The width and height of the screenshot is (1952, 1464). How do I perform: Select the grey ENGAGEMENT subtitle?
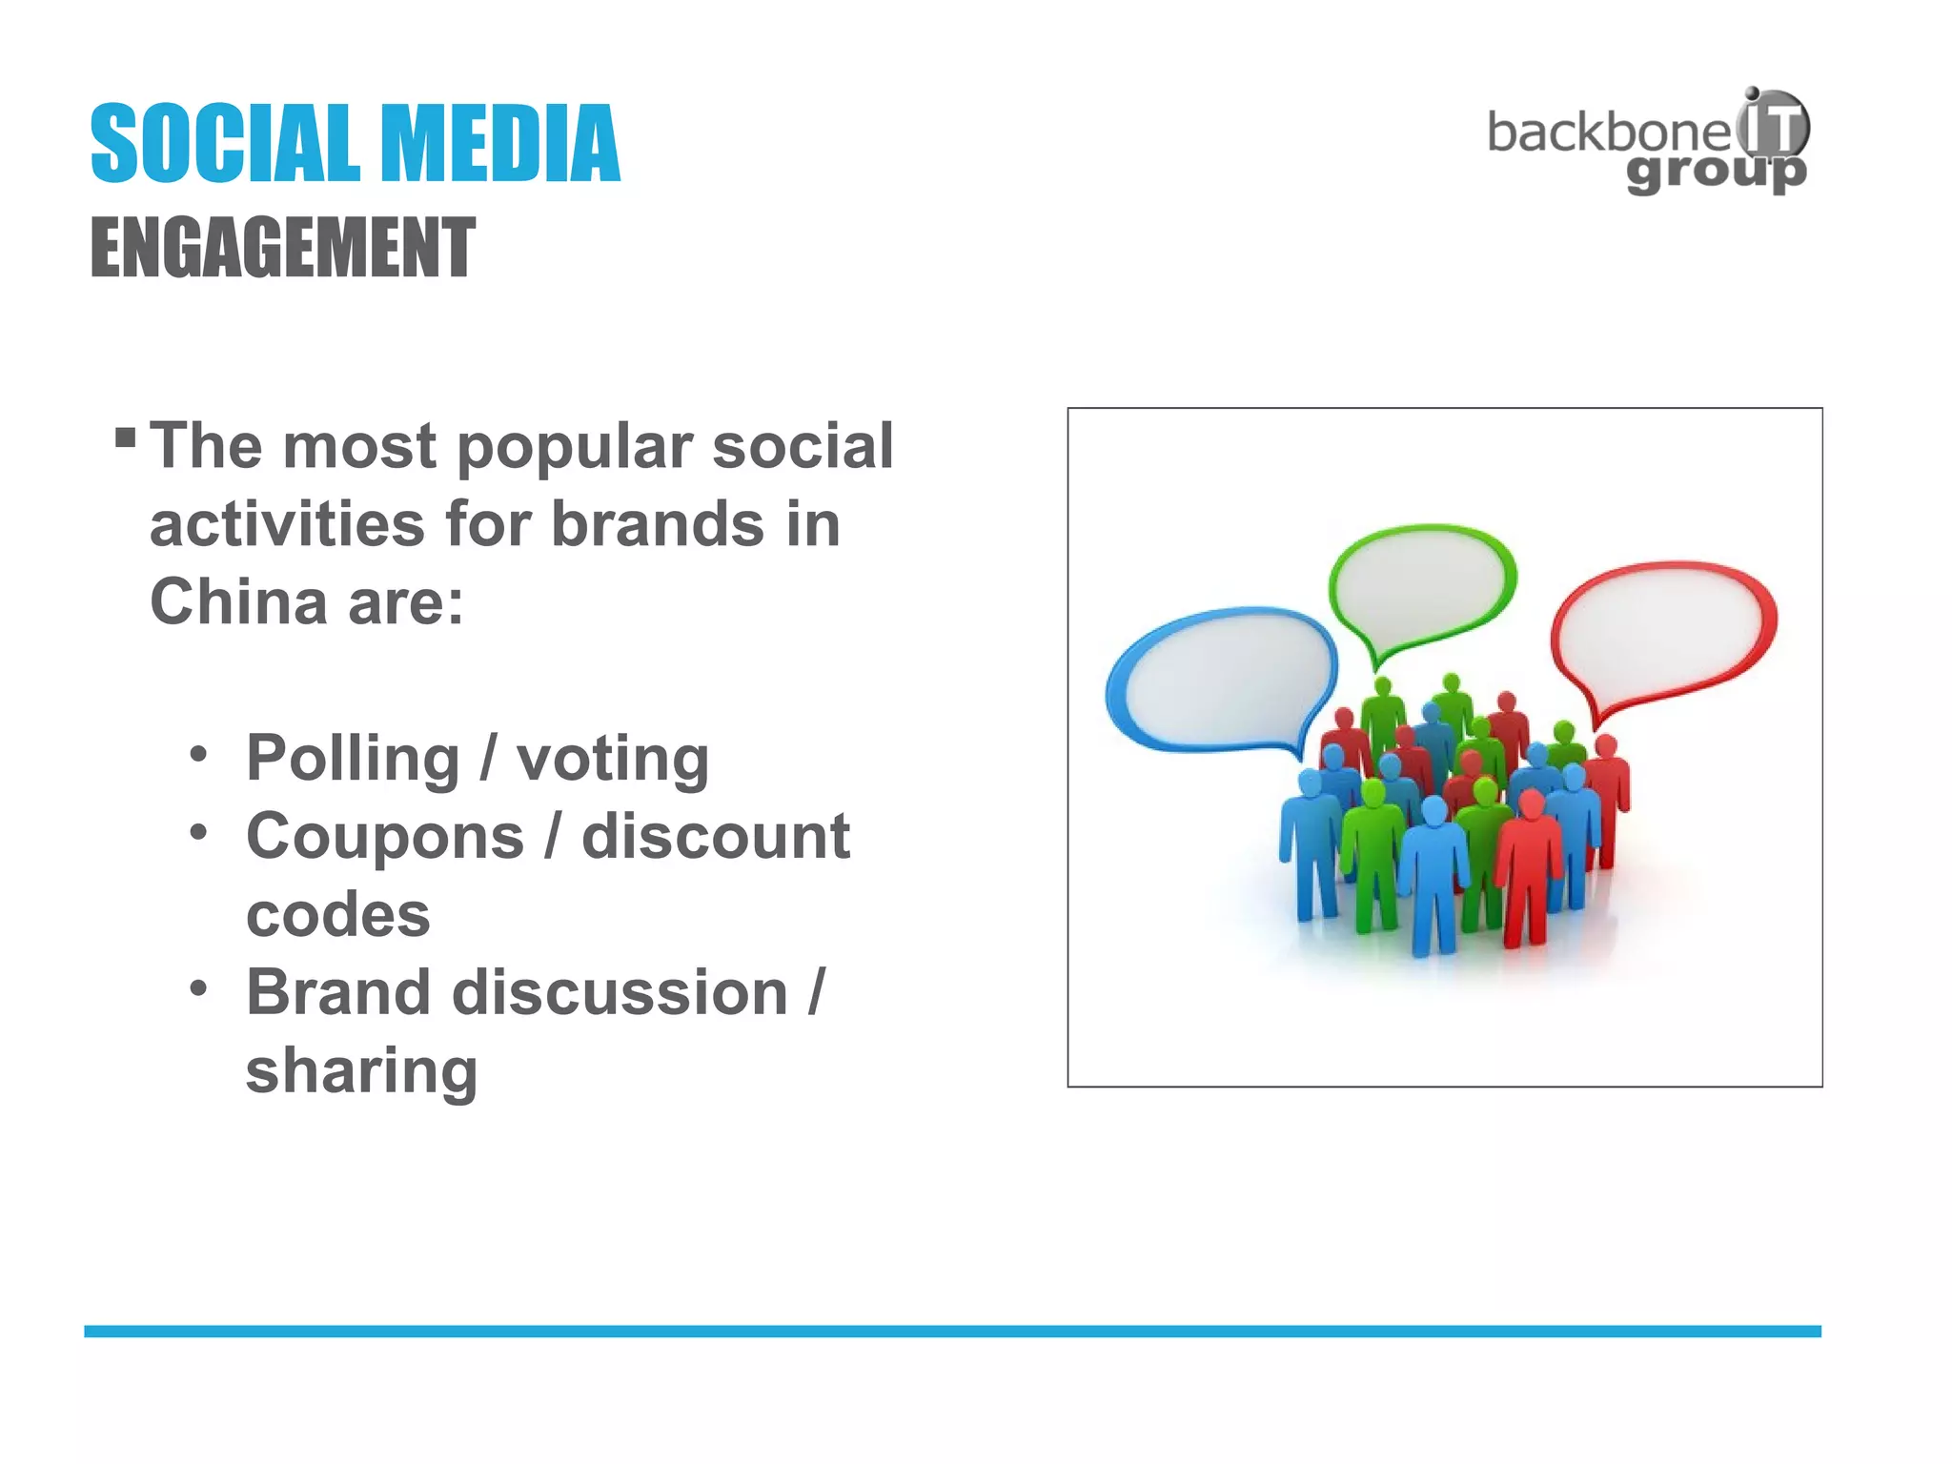pos(283,248)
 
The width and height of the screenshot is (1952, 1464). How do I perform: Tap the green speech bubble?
pos(1422,580)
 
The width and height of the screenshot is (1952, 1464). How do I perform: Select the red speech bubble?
pos(1664,630)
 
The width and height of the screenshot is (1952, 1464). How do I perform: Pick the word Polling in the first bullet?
pos(353,759)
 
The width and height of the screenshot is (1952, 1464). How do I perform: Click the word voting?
pos(613,759)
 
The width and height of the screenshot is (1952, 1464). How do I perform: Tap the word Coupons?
pos(385,837)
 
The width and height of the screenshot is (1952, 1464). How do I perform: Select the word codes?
pos(338,915)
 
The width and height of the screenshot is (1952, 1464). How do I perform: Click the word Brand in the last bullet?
pos(338,993)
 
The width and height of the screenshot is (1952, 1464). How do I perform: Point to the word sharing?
pos(361,1071)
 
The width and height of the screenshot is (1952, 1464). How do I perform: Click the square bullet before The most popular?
pos(125,437)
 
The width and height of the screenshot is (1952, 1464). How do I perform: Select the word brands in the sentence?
pos(658,524)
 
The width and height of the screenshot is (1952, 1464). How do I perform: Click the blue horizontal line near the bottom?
pos(953,1331)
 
